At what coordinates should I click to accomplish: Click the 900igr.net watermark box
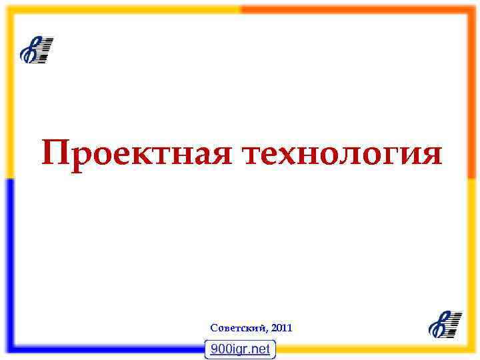point(240,349)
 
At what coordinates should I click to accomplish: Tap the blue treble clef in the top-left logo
point(29,51)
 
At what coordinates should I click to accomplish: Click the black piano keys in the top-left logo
point(43,50)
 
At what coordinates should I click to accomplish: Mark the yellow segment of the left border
point(8,93)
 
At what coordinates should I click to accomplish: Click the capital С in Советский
point(213,328)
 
